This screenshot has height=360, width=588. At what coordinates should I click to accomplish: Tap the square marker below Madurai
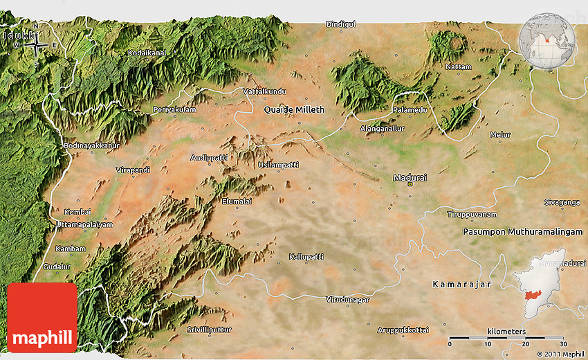coord(410,185)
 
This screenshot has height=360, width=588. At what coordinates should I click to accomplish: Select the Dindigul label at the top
coord(340,24)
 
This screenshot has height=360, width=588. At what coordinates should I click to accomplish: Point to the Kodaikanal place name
coord(147,53)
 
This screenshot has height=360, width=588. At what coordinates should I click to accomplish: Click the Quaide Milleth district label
coord(294,109)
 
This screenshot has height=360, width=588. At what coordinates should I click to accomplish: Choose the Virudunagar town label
coord(347,300)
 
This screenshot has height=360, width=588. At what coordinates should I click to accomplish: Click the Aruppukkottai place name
coord(403,330)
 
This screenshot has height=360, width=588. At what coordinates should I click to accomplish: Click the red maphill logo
coord(42,317)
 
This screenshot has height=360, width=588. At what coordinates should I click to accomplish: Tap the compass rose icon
coord(36,46)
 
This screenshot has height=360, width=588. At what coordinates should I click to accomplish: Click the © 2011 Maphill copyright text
coord(560,354)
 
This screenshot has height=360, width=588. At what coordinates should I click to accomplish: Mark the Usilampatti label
coord(278,165)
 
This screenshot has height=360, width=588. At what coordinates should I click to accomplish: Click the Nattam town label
coord(459,66)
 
